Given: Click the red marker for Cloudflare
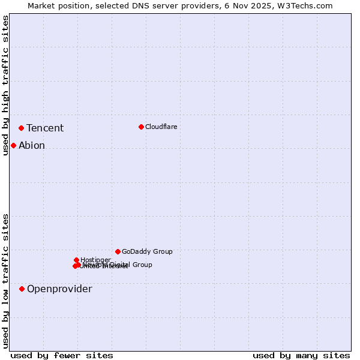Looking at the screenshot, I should click(141, 127).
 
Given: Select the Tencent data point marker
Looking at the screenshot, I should click(21, 128).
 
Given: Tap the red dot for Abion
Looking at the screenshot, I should click(13, 145).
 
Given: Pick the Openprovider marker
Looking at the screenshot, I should click(22, 289).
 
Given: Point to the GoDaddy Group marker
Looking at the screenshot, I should click(118, 251).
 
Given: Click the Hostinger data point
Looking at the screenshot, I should click(76, 260).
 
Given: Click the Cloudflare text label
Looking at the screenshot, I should click(161, 127).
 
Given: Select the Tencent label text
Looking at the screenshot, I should click(45, 128).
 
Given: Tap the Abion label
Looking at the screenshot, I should click(32, 145).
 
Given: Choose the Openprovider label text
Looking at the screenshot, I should click(59, 289).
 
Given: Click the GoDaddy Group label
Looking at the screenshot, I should click(147, 251).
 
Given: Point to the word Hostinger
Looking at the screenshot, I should click(95, 260).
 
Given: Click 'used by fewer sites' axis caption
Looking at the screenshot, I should click(62, 356).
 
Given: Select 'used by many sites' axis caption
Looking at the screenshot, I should click(301, 356).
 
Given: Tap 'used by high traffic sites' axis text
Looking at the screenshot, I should click(5, 85).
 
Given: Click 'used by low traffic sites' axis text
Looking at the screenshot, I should click(5, 281).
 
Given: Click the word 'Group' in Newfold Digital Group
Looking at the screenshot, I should click(142, 265).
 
